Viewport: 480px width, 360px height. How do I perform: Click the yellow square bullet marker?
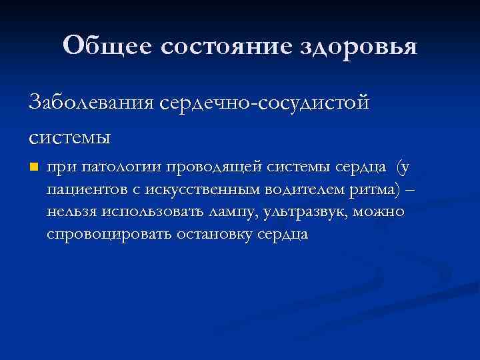click(x=34, y=167)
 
